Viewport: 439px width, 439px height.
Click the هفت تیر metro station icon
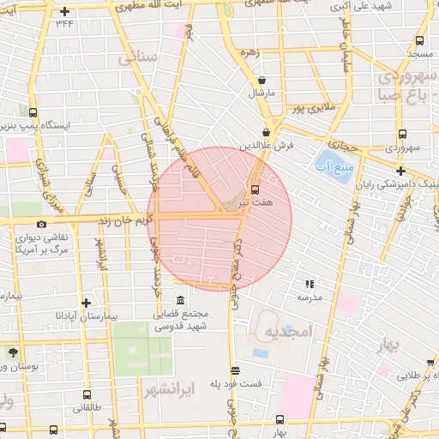(254, 189)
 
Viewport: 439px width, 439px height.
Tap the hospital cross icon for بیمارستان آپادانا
(86, 303)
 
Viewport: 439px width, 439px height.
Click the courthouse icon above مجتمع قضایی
(179, 300)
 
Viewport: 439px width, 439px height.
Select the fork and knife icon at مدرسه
(310, 283)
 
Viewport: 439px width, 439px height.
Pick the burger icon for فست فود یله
(236, 370)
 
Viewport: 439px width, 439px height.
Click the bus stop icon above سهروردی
(401, 133)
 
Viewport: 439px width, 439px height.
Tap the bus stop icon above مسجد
(419, 40)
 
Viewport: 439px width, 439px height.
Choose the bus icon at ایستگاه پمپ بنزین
(33, 111)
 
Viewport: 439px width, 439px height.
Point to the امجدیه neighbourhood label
(284, 332)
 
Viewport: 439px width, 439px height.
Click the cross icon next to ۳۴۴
(65, 11)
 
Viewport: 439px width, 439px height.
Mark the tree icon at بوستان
(12, 352)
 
